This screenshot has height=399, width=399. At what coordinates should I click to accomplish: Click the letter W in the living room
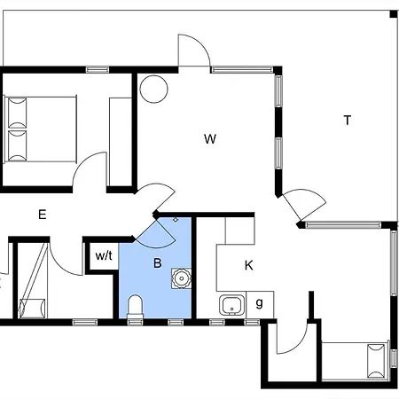pyautogui.click(x=210, y=138)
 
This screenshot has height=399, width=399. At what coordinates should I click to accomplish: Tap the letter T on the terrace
pyautogui.click(x=348, y=121)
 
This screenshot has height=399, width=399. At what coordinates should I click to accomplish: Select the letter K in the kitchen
pyautogui.click(x=249, y=265)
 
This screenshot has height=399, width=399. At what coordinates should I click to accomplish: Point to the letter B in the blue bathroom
pyautogui.click(x=158, y=262)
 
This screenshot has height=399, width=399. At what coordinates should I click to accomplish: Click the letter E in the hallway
pyautogui.click(x=43, y=215)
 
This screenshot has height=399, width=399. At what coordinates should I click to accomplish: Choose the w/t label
pyautogui.click(x=104, y=255)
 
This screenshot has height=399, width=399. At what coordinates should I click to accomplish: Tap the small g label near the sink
pyautogui.click(x=259, y=303)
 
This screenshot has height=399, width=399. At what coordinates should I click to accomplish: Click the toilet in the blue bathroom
pyautogui.click(x=135, y=307)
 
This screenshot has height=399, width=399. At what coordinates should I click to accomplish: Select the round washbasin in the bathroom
pyautogui.click(x=181, y=278)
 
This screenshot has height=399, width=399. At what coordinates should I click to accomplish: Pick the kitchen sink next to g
pyautogui.click(x=232, y=305)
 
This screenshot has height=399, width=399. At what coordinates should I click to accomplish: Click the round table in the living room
pyautogui.click(x=153, y=89)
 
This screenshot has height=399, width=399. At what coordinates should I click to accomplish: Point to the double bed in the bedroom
pyautogui.click(x=40, y=129)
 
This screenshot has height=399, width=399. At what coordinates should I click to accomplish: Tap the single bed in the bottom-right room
pyautogui.click(x=356, y=361)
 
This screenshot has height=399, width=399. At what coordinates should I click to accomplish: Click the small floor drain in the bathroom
pyautogui.click(x=176, y=220)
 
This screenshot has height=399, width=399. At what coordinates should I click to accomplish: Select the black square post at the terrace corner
pyautogui.click(x=394, y=14)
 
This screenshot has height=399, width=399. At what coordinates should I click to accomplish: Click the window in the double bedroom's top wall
pyautogui.click(x=98, y=70)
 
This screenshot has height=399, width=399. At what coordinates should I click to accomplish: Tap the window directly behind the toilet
pyautogui.click(x=136, y=322)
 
